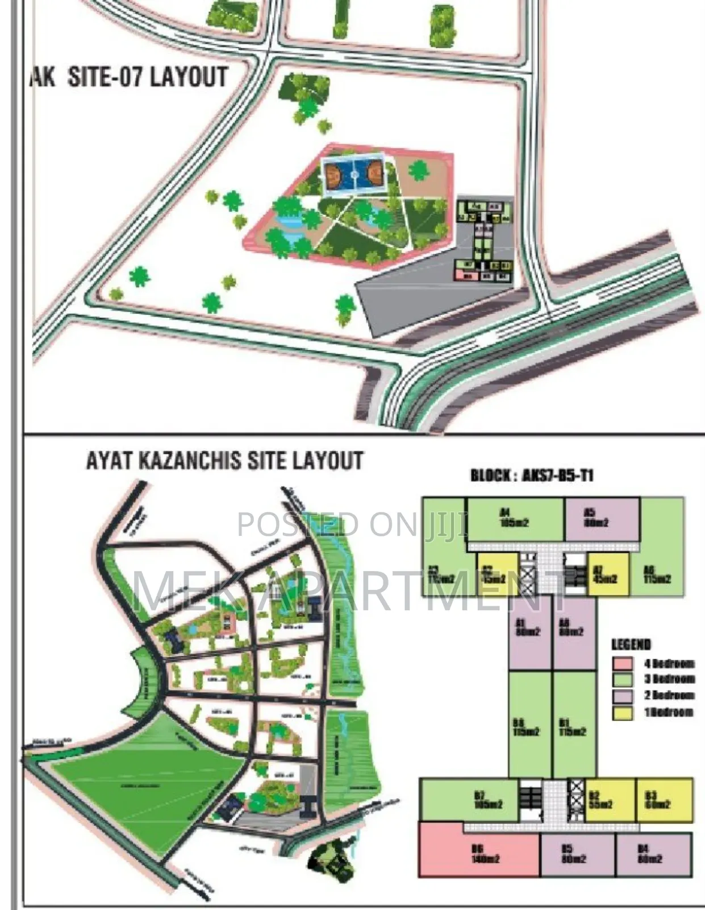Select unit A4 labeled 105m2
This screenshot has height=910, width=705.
tap(514, 518)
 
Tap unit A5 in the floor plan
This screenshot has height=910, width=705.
tap(601, 518)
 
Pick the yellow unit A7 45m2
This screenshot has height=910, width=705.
tap(608, 574)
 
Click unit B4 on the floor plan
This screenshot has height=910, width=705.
tap(653, 855)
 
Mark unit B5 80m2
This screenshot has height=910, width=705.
tap(577, 855)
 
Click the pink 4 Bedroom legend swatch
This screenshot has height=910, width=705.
tap(622, 664)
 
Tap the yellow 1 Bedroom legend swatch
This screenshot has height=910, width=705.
tap(622, 713)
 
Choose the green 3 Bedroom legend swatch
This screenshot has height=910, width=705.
tap(622, 680)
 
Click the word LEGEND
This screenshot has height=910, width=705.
tap(631, 644)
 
